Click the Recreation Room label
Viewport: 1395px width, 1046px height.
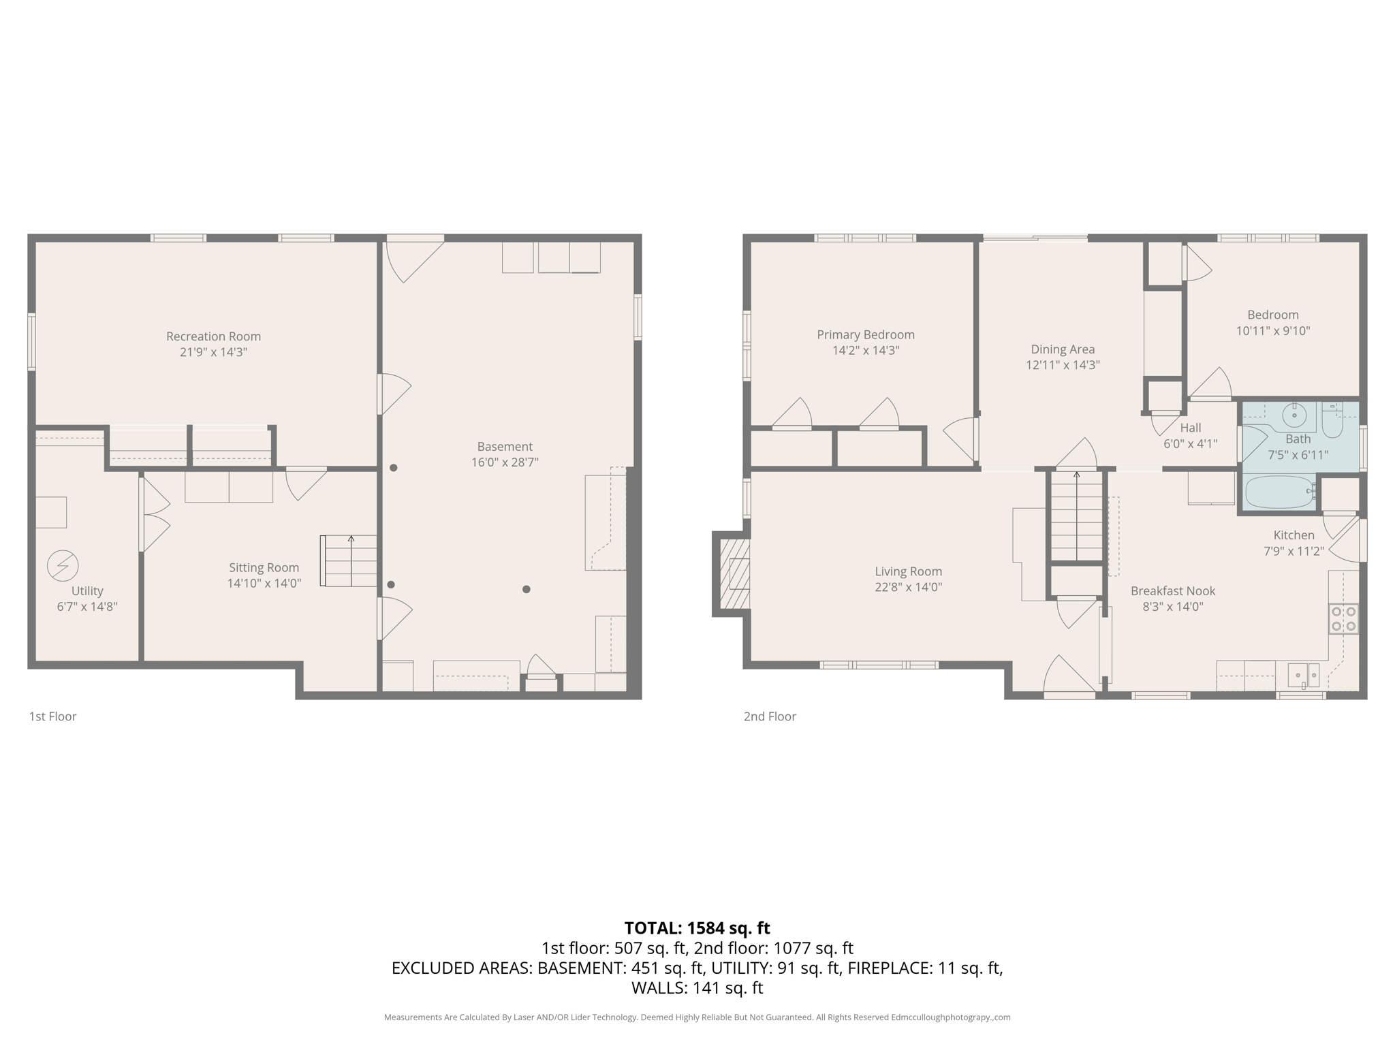tap(213, 336)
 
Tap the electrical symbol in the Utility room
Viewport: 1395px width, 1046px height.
tap(63, 566)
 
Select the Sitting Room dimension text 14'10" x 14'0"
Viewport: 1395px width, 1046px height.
tap(264, 584)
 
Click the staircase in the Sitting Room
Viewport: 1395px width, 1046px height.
tap(349, 561)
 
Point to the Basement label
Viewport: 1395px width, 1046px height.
tap(505, 447)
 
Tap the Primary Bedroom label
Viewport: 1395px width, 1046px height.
tap(865, 334)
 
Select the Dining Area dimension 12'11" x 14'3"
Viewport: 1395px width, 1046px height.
tap(1063, 365)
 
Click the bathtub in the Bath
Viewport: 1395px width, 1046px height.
tap(1279, 492)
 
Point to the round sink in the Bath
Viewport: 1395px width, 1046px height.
tap(1294, 413)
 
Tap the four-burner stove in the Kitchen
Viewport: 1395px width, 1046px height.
tap(1343, 619)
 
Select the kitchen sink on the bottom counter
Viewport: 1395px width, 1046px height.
tap(1303, 675)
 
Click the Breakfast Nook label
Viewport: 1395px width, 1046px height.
tap(1173, 591)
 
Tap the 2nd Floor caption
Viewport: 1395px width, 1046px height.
tap(770, 716)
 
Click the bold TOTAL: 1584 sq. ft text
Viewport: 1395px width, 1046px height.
tap(697, 928)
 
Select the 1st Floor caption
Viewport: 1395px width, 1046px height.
tap(52, 716)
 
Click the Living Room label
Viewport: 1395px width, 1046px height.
tap(908, 571)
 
